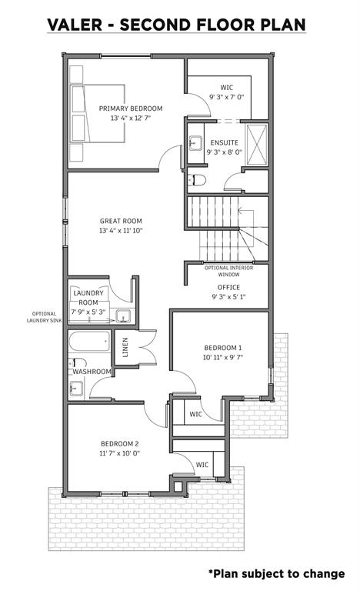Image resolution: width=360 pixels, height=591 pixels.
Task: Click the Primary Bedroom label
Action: (131, 109)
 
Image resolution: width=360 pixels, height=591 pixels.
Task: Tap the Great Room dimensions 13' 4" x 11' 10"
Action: (121, 231)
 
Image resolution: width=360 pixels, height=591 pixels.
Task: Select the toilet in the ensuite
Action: (197, 180)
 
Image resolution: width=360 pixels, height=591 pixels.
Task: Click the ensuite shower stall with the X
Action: (256, 144)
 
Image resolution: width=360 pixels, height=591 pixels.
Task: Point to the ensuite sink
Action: (195, 143)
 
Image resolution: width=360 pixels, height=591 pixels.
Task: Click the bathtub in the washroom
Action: (89, 342)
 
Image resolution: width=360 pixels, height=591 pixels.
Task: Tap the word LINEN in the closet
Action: (125, 347)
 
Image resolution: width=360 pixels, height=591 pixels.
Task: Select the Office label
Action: (228, 287)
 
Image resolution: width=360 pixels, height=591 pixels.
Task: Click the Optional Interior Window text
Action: (228, 271)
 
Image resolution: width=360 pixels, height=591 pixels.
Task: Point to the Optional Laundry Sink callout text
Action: (44, 317)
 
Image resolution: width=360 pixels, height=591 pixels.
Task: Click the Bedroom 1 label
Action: (223, 348)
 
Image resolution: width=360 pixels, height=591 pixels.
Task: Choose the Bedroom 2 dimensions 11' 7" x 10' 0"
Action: (119, 453)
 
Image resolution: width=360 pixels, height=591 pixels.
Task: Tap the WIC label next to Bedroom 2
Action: (202, 464)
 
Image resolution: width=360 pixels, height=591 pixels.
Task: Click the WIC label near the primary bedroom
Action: (227, 88)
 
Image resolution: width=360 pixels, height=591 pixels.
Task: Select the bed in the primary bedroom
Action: (98, 113)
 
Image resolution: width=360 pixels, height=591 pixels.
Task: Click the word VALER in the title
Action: (75, 25)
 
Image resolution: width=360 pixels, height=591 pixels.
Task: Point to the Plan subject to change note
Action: (277, 573)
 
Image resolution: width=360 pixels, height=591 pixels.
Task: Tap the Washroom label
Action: (92, 372)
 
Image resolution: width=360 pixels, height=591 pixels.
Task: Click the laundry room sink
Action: (123, 316)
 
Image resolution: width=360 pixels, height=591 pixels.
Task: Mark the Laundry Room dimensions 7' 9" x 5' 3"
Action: (88, 312)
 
